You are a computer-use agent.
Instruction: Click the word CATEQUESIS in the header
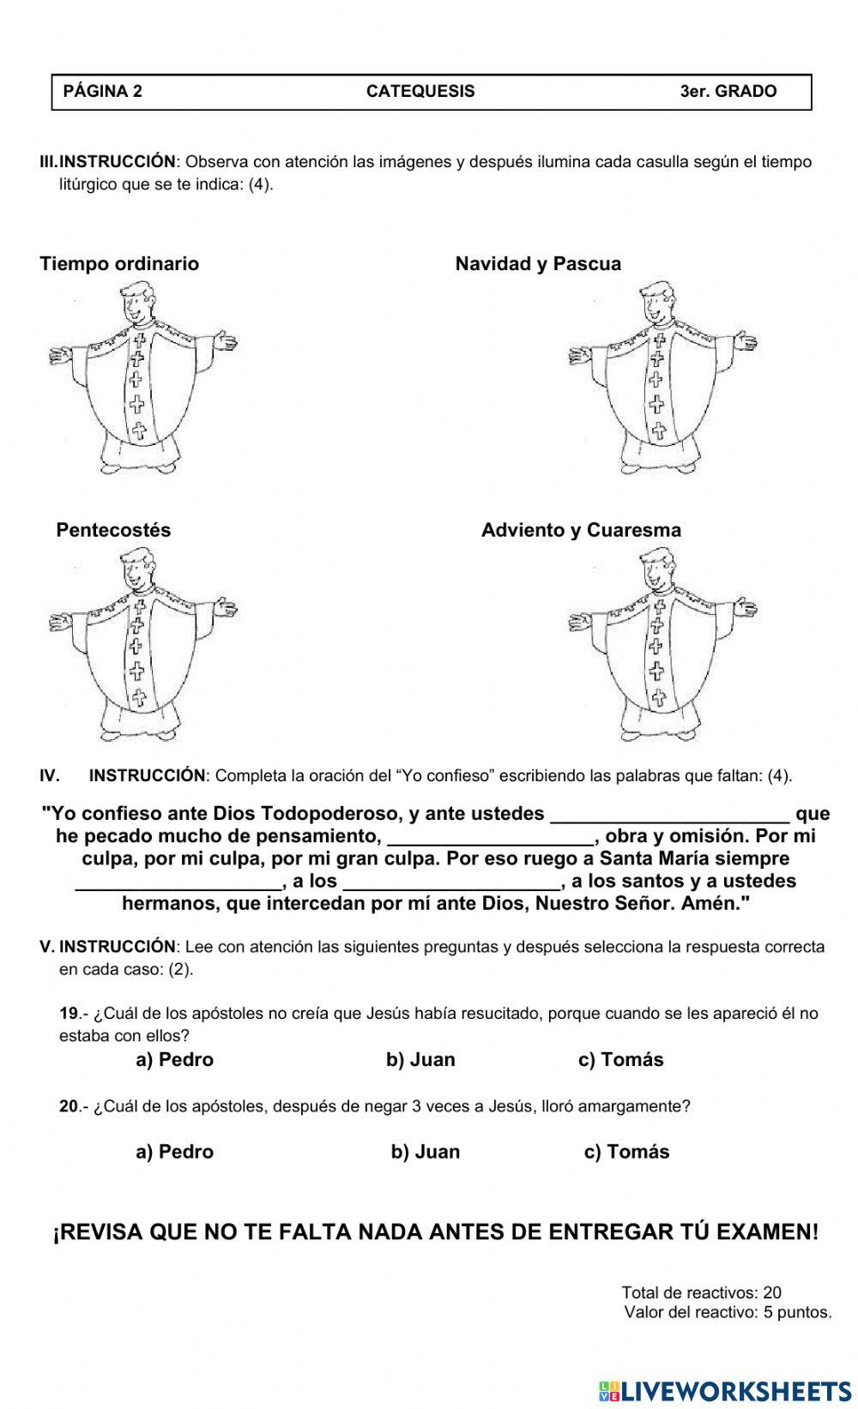pos(420,92)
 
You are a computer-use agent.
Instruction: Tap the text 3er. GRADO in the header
pos(728,92)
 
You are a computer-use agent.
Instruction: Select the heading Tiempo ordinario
pos(119,264)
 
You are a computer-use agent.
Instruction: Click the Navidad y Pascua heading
pos(538,264)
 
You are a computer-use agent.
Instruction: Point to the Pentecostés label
pos(113,530)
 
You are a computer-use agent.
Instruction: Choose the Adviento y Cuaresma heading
pos(581,530)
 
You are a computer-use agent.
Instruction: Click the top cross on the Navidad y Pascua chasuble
pos(659,340)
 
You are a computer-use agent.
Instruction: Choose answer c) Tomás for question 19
pos(620,1060)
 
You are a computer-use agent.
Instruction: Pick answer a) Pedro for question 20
pos(174,1152)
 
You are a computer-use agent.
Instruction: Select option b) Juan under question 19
pos(420,1060)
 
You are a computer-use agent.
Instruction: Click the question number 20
pos(69,1106)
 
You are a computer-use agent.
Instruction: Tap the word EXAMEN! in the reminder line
pos(767,1232)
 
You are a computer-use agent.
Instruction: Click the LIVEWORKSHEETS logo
pos(724,1390)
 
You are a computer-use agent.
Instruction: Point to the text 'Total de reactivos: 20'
pos(701,1292)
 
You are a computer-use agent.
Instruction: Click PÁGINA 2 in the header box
pos(103,92)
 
